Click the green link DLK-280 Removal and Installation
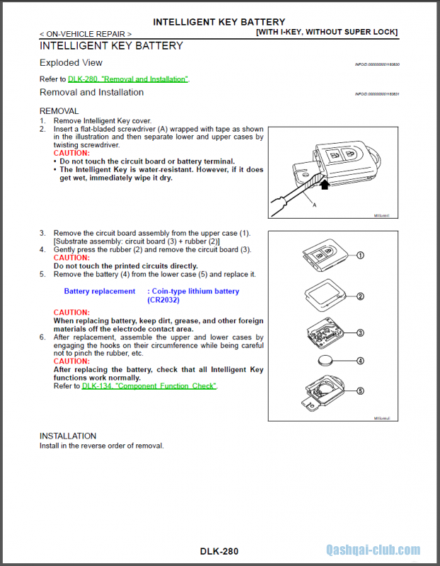click(128, 79)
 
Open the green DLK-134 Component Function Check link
click(149, 386)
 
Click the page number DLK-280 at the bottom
click(219, 551)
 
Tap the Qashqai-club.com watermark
click(373, 550)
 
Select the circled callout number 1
click(360, 255)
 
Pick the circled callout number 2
click(360, 296)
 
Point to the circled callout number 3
click(360, 333)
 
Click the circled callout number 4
click(360, 361)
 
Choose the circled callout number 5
click(360, 391)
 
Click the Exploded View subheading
click(71, 63)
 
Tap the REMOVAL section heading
click(59, 111)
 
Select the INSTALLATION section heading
click(68, 436)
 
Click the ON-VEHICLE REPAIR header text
click(85, 33)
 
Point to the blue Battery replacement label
click(99, 291)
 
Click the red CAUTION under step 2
click(71, 153)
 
